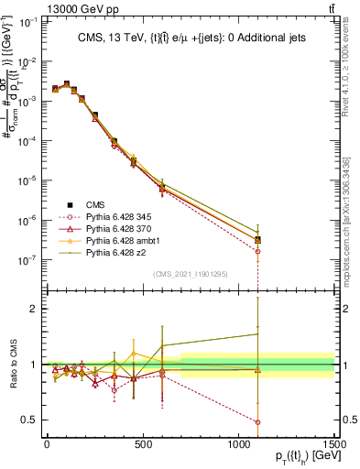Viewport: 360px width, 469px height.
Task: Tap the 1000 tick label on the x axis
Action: tap(238, 445)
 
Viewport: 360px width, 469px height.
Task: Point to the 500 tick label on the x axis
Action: tap(143, 445)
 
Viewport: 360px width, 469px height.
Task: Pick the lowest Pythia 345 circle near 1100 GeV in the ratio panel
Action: tap(257, 422)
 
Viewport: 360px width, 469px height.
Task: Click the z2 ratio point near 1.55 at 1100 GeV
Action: tap(257, 333)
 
